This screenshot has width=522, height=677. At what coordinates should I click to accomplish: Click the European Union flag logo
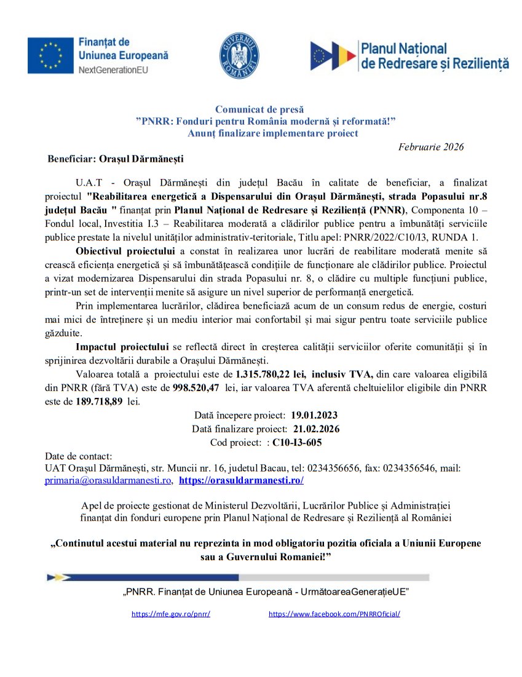pyautogui.click(x=50, y=55)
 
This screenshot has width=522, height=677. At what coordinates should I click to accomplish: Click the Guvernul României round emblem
pyautogui.click(x=240, y=55)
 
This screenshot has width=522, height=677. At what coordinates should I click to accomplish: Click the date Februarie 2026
pyautogui.click(x=430, y=147)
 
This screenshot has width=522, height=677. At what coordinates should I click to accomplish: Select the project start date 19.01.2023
pyautogui.click(x=314, y=415)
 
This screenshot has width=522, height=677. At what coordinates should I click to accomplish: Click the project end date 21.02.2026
pyautogui.click(x=316, y=429)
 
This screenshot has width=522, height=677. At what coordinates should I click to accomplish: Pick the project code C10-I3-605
pyautogui.click(x=297, y=442)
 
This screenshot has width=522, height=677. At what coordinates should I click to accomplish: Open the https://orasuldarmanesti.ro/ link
pyautogui.click(x=241, y=480)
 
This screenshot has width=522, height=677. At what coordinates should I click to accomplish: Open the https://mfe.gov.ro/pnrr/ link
pyautogui.click(x=171, y=614)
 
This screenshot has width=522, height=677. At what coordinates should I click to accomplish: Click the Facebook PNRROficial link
pyautogui.click(x=334, y=614)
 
